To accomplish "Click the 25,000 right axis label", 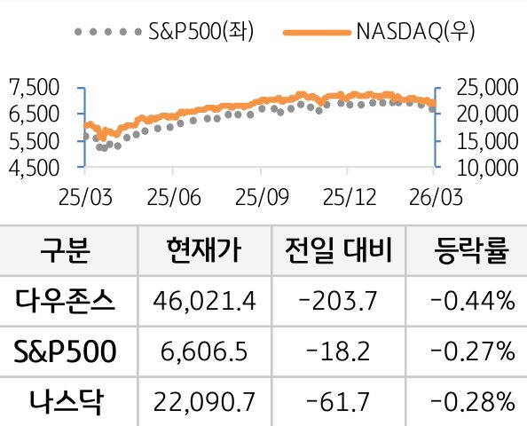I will coord(485,87).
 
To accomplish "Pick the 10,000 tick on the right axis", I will coord(485,167).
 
